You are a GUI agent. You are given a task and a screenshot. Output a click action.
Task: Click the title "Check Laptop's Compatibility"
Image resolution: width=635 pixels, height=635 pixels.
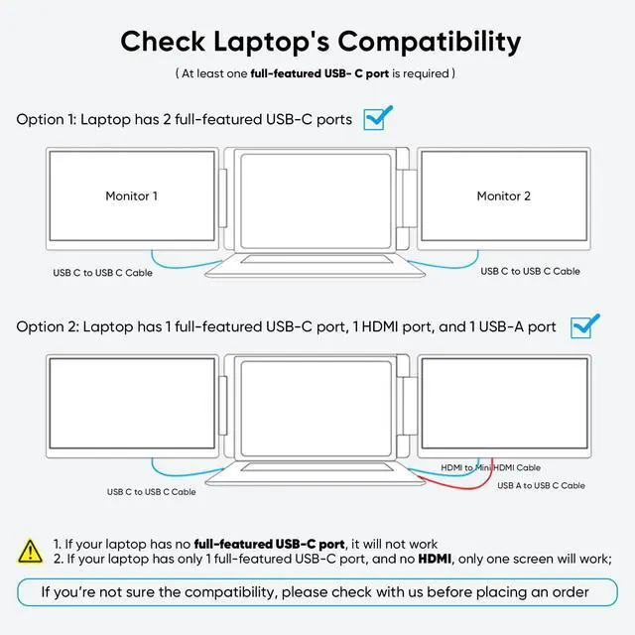(x=319, y=42)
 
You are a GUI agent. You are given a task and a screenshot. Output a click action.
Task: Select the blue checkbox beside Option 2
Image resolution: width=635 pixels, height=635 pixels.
(x=584, y=324)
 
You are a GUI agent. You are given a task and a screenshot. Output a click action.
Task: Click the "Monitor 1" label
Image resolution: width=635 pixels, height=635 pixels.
(x=131, y=195)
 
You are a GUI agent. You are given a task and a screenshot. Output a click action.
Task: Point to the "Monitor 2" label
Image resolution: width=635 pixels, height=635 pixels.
(x=503, y=195)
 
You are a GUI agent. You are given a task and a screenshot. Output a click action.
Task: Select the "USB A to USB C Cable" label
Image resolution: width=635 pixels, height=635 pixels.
(x=541, y=485)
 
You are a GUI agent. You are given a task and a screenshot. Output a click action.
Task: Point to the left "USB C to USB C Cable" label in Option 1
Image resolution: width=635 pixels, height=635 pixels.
(x=102, y=272)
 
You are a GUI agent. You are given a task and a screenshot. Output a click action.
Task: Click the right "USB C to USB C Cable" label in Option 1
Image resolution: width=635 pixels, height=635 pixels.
(x=530, y=271)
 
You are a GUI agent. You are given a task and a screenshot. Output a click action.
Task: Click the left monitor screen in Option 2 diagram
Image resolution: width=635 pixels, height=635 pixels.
(x=132, y=402)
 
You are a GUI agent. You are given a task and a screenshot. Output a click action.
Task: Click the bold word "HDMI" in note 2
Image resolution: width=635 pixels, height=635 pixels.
(x=435, y=559)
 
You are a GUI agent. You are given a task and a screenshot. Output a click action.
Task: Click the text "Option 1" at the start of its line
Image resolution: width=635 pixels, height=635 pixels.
(x=44, y=120)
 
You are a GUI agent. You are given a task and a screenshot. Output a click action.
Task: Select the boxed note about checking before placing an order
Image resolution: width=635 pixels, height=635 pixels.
(x=316, y=592)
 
